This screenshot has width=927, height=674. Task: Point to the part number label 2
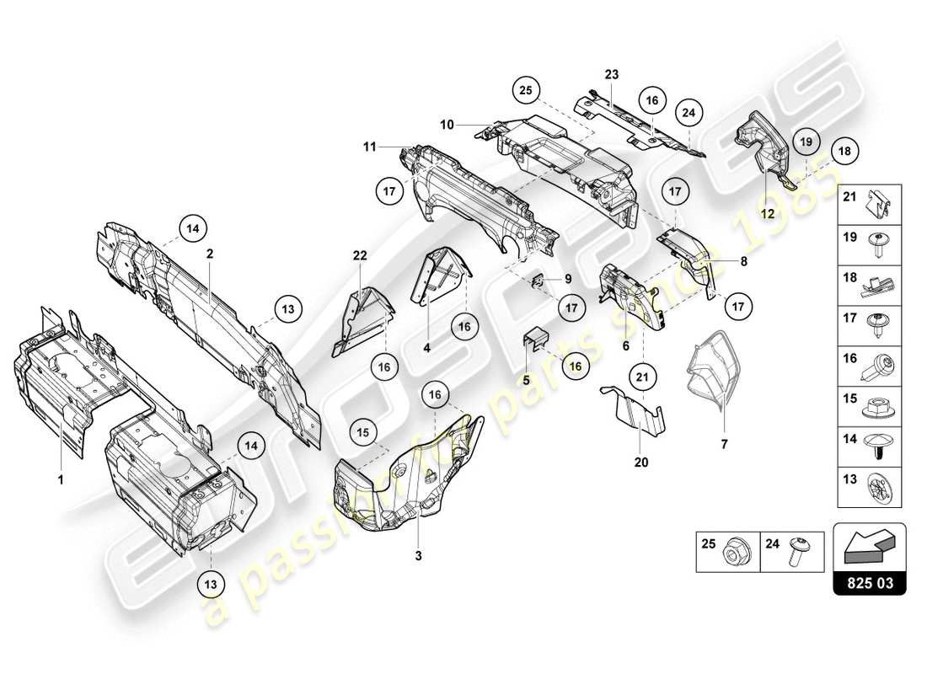click(x=209, y=252)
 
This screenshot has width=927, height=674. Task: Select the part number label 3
click(x=417, y=557)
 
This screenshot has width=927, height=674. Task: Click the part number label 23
click(x=611, y=75)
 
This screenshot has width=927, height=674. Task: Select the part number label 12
click(x=769, y=214)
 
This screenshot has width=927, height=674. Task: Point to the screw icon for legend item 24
click(x=797, y=554)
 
